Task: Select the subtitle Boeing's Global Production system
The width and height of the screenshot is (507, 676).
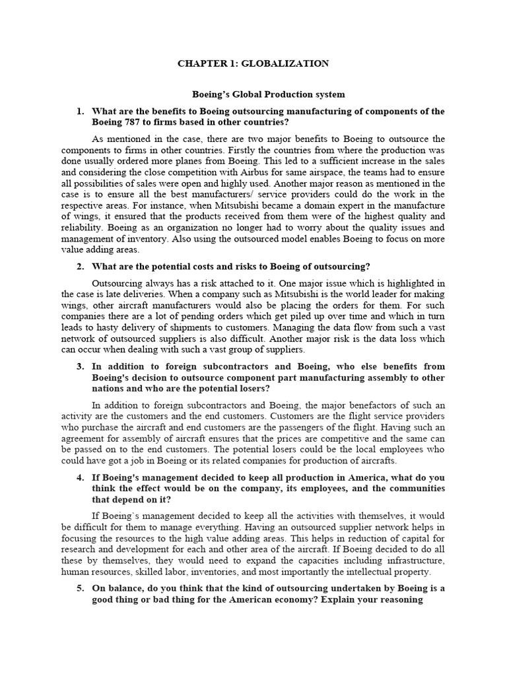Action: (x=253, y=95)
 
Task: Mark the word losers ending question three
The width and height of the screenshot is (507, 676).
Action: (x=242, y=388)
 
